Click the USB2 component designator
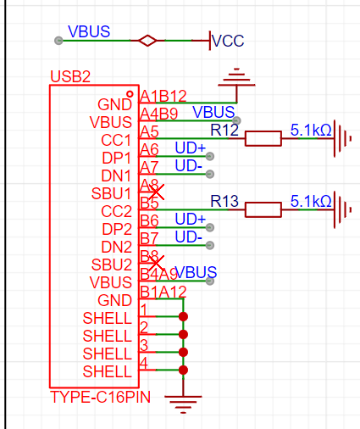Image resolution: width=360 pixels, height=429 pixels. point(70,76)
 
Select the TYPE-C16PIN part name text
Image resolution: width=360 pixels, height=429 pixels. point(100,397)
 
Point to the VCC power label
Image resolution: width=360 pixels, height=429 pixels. point(228,41)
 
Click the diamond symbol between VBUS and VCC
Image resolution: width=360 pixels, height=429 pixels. point(147,41)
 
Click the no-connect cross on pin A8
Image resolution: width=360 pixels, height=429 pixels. point(156,192)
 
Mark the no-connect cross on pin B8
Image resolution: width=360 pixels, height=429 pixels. point(156,263)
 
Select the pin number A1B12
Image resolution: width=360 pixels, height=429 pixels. point(163,97)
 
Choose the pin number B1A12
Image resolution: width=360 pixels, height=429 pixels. point(163,292)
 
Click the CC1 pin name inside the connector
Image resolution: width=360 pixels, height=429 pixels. point(116,140)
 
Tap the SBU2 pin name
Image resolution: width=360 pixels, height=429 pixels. point(112,265)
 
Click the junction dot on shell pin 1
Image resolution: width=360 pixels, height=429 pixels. point(183,316)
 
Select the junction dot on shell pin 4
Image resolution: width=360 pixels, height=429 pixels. point(183,370)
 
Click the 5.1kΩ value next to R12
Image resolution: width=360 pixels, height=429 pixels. point(311,131)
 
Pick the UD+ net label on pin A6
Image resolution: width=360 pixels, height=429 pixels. point(191,148)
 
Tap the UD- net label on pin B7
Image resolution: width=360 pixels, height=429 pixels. point(189,237)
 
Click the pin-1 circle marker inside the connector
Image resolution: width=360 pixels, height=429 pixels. point(130,94)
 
